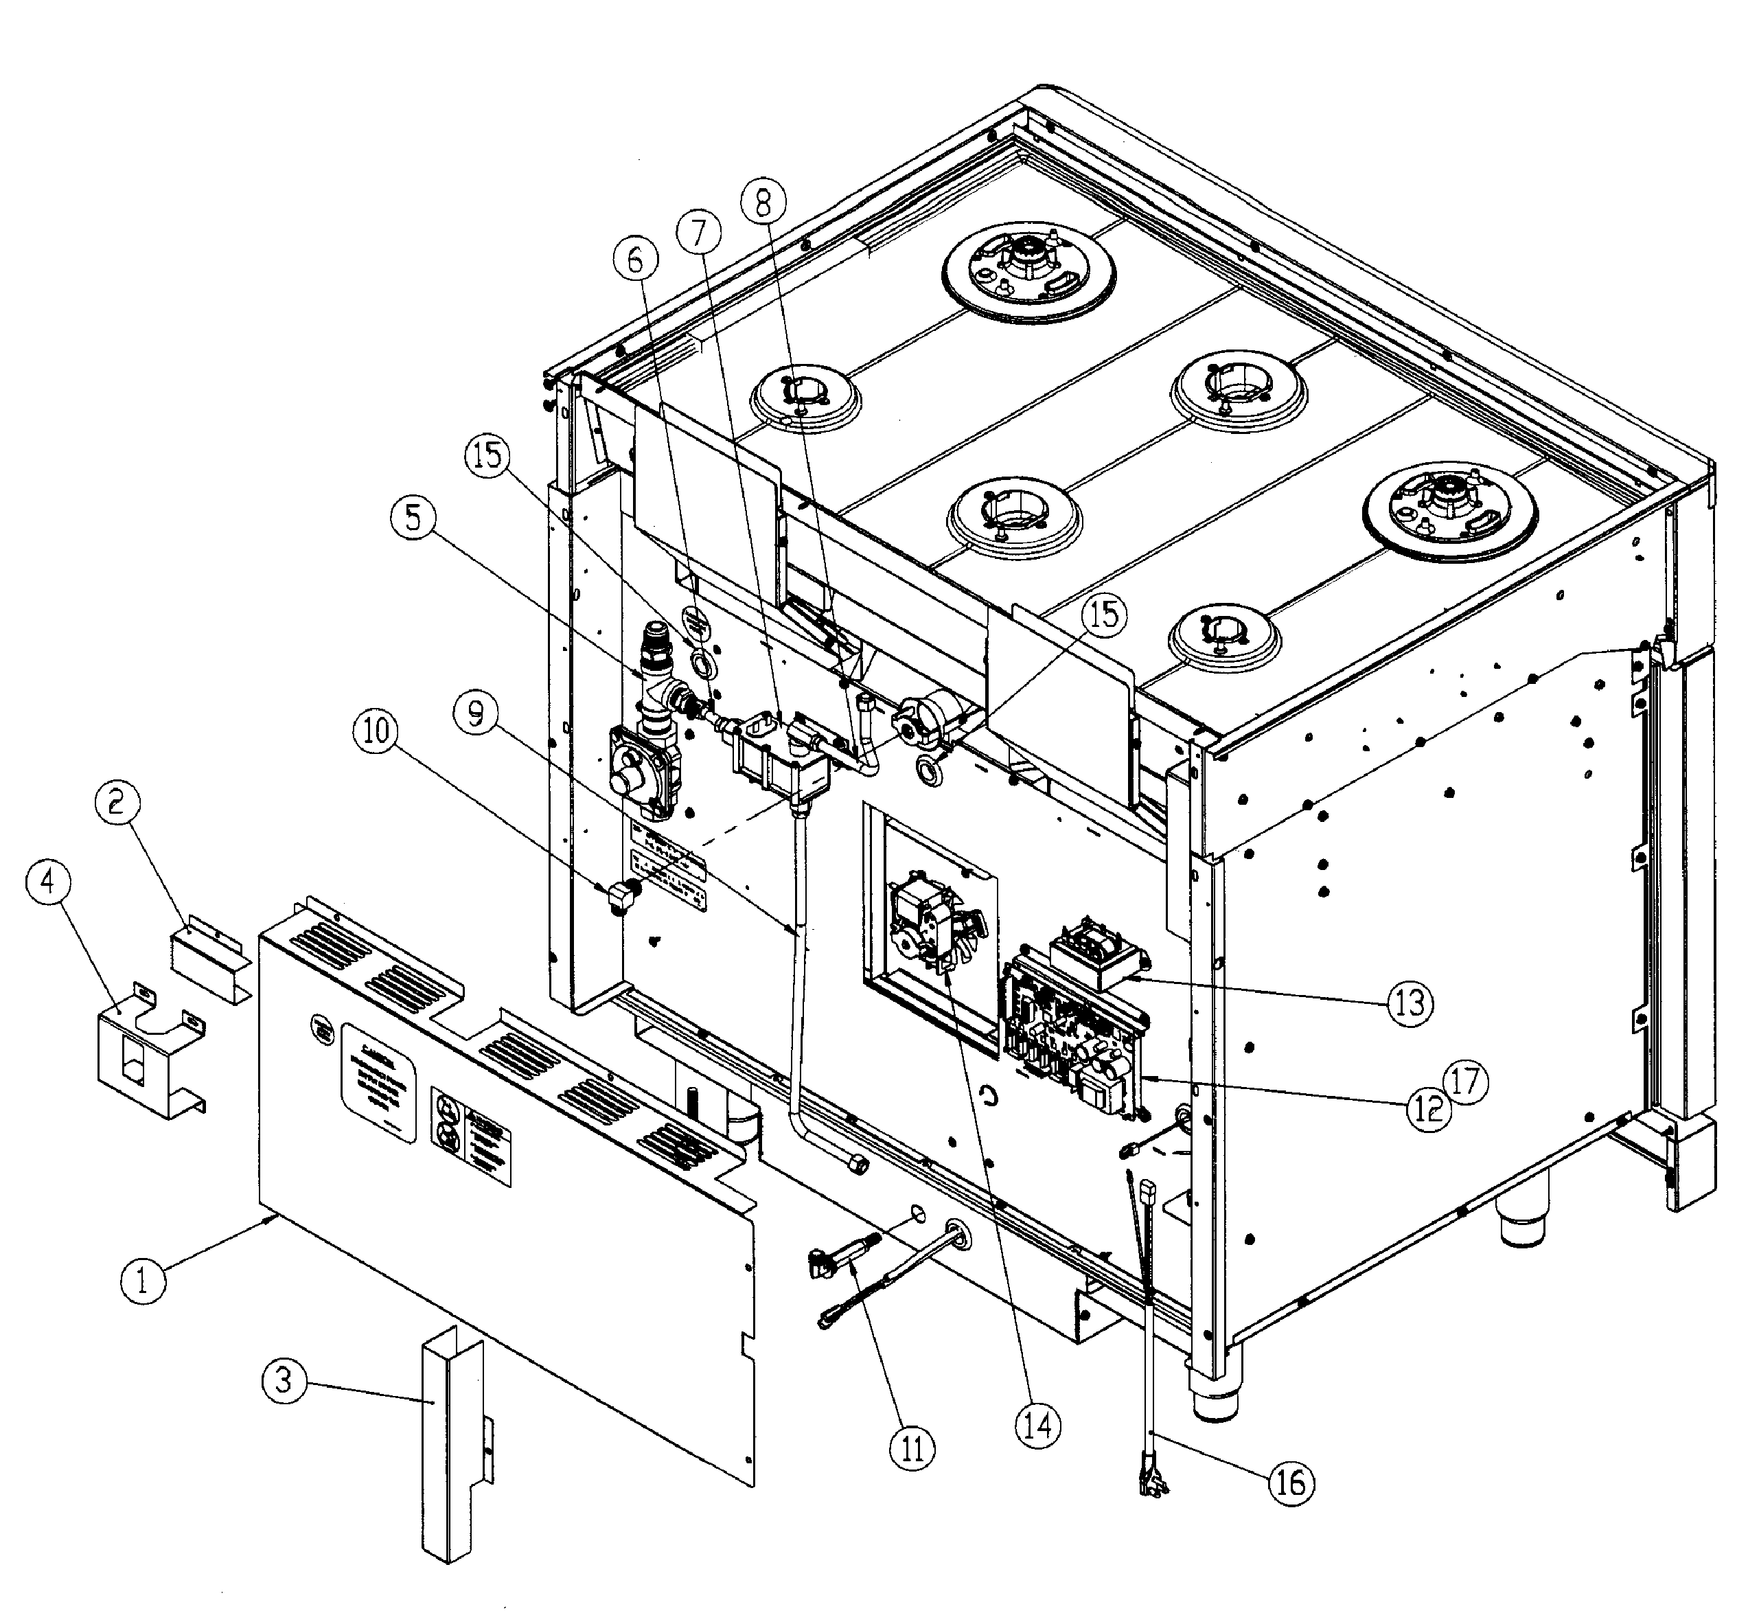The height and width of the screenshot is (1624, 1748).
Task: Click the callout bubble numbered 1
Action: (142, 1279)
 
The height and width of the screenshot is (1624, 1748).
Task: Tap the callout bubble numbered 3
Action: (284, 1381)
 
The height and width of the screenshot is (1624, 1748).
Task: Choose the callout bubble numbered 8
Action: (762, 203)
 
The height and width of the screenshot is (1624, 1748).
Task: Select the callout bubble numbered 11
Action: (912, 1448)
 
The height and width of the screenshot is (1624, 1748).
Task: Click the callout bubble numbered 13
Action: (1410, 1002)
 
